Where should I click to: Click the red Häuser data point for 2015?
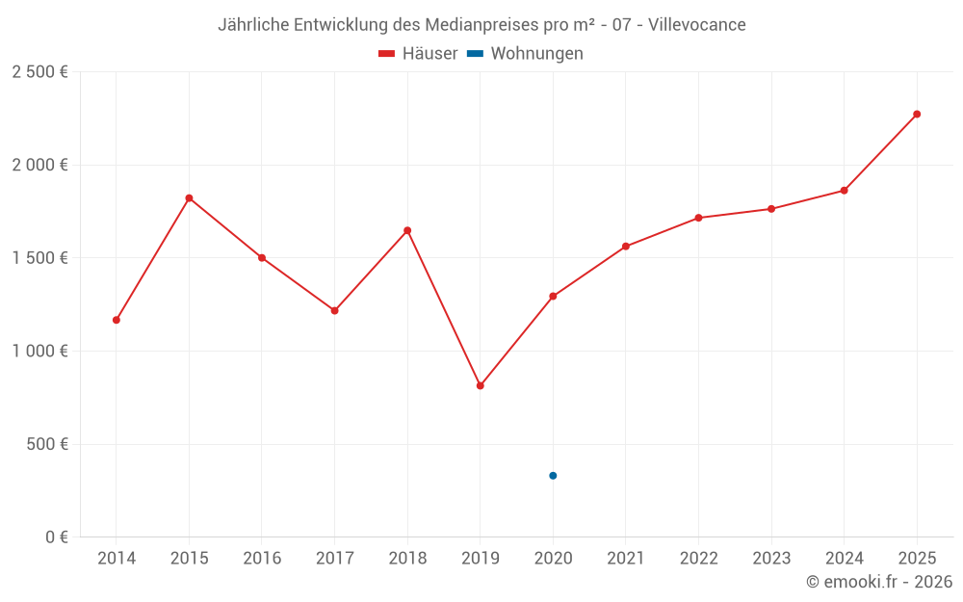coord(189,198)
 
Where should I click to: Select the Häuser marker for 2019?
coord(481,385)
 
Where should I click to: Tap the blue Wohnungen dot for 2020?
coord(553,476)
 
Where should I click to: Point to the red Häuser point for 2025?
coord(917,115)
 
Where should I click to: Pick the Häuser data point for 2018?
coord(407,230)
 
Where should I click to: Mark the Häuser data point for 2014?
coord(117,320)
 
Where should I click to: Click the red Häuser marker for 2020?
coord(553,296)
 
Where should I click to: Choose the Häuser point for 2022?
coord(698,218)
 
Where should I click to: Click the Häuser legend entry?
coord(418,54)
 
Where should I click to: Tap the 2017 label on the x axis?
coord(334,559)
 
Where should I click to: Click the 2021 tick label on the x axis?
coord(626,559)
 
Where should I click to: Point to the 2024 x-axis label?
coord(844,559)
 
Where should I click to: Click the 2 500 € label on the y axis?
coord(39,72)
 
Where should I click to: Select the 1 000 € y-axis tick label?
coord(39,352)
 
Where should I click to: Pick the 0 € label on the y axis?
coord(54,537)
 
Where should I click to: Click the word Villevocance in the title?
coord(697,25)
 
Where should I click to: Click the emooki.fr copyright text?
coord(878,582)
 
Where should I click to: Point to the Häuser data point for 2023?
coord(771,209)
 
